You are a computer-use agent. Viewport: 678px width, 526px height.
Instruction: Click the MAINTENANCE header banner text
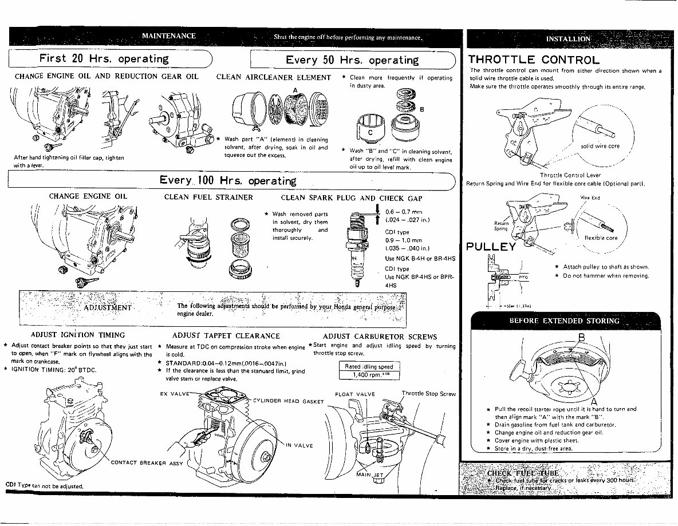pos(169,36)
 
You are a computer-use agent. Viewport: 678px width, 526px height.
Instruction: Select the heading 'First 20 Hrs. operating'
pos(104,59)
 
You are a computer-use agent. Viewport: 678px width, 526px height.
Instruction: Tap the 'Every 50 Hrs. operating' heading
pos(352,60)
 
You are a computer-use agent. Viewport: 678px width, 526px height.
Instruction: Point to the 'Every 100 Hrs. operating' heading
pos(228,181)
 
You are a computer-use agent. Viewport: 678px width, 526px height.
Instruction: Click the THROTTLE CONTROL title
pos(534,60)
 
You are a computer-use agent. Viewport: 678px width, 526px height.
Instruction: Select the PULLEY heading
pos(491,247)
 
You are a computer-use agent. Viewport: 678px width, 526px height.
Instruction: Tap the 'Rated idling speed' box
pos(369,366)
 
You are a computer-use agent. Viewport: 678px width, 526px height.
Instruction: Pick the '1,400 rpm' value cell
pos(369,375)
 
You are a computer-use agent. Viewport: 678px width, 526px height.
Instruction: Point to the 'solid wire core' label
pos(600,146)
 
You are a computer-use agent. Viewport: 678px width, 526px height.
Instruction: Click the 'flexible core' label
pos(601,238)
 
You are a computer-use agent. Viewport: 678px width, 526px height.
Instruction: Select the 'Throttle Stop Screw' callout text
pos(428,394)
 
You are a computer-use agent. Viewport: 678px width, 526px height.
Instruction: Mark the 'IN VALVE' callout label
pos(299,445)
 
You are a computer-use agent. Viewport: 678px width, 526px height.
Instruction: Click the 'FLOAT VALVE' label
pos(354,394)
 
